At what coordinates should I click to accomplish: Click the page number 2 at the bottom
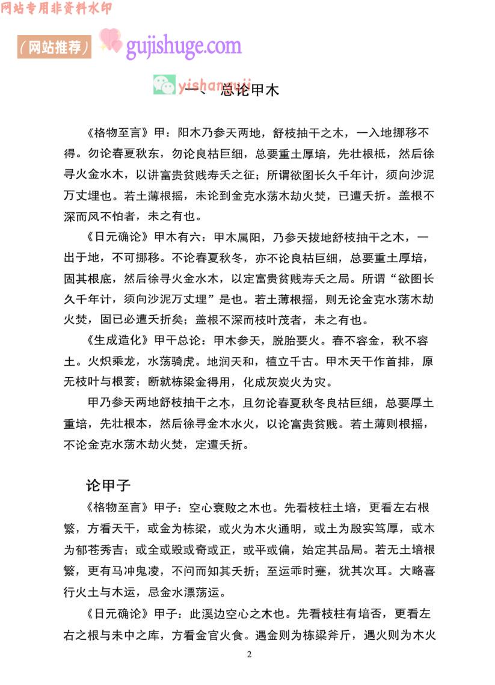[x=249, y=654]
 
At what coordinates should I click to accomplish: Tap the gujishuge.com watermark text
[x=183, y=46]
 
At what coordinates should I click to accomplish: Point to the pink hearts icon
[x=110, y=40]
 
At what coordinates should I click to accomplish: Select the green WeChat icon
[x=164, y=85]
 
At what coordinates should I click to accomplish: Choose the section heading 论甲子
[x=109, y=485]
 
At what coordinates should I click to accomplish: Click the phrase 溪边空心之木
[x=236, y=613]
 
